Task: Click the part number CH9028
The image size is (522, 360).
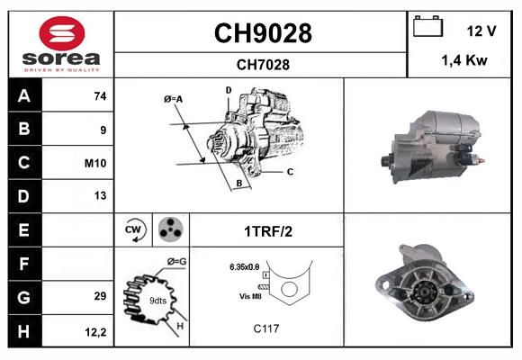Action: coord(262,33)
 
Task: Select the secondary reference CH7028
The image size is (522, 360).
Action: coord(262,64)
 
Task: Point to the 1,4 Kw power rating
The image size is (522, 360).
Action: coord(463,60)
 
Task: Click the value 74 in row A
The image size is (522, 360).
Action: coord(100,96)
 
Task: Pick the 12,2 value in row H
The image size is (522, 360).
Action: coord(97,331)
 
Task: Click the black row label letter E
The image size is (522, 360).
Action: coord(23,230)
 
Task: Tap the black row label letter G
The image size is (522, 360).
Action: coord(23,297)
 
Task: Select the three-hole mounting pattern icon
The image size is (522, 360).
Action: coord(170,230)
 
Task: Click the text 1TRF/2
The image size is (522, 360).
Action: coord(267,231)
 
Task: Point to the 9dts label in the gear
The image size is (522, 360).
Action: coord(157,300)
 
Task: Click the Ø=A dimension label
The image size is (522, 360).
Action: coord(174,98)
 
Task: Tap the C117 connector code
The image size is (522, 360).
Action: coord(266,328)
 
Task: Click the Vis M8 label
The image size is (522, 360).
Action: coord(252,296)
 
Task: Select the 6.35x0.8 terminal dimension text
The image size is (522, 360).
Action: coord(244,266)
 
